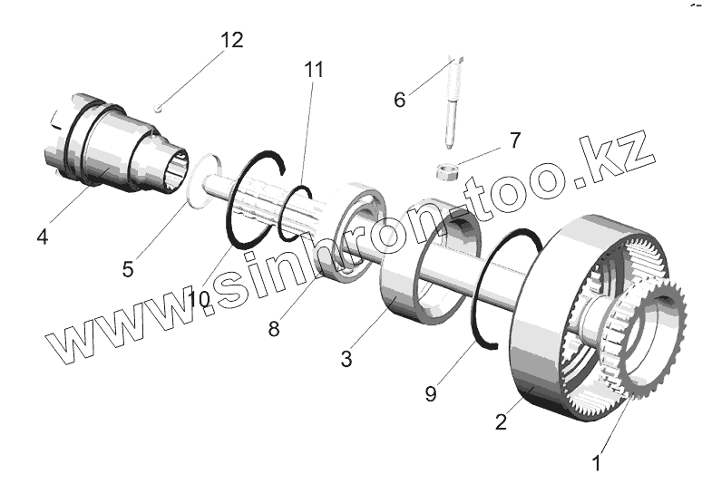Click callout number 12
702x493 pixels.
(231, 40)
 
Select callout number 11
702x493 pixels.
(314, 70)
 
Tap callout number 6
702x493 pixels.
(400, 99)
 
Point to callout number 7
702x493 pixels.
(514, 140)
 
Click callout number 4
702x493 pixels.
(43, 237)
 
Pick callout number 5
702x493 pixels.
(128, 268)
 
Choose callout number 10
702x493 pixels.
(199, 298)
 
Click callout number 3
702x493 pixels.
(346, 359)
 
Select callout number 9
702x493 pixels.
(432, 392)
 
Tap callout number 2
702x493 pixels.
(500, 421)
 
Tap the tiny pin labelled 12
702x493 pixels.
(159, 109)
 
